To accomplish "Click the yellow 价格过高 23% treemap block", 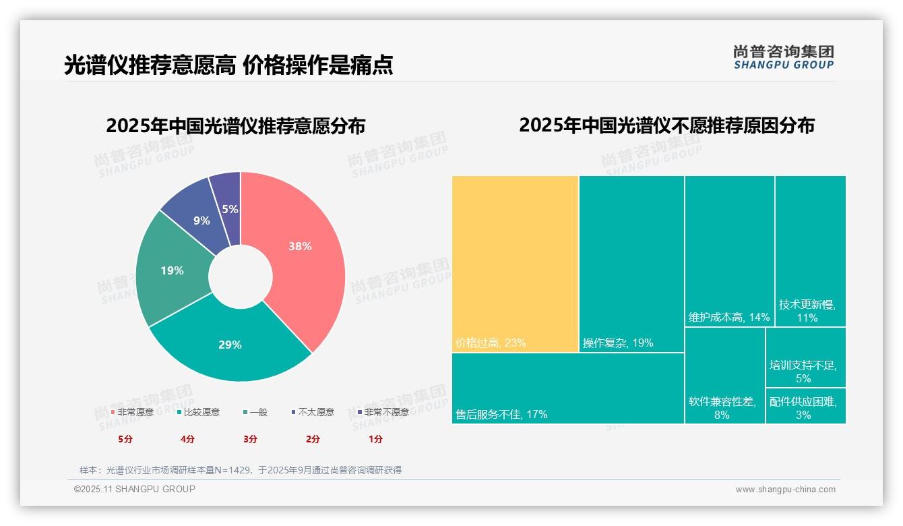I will point(515,263).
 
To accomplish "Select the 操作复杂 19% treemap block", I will point(631,263).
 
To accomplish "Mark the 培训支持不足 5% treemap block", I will point(805,357).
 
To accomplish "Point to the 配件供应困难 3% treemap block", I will point(805,406).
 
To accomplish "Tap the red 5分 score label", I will point(125,439).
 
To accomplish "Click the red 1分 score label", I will point(375,439).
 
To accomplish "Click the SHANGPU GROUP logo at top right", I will point(783,57).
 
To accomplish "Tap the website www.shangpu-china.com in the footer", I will point(785,490).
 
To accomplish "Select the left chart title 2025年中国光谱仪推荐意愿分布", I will point(236,126).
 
